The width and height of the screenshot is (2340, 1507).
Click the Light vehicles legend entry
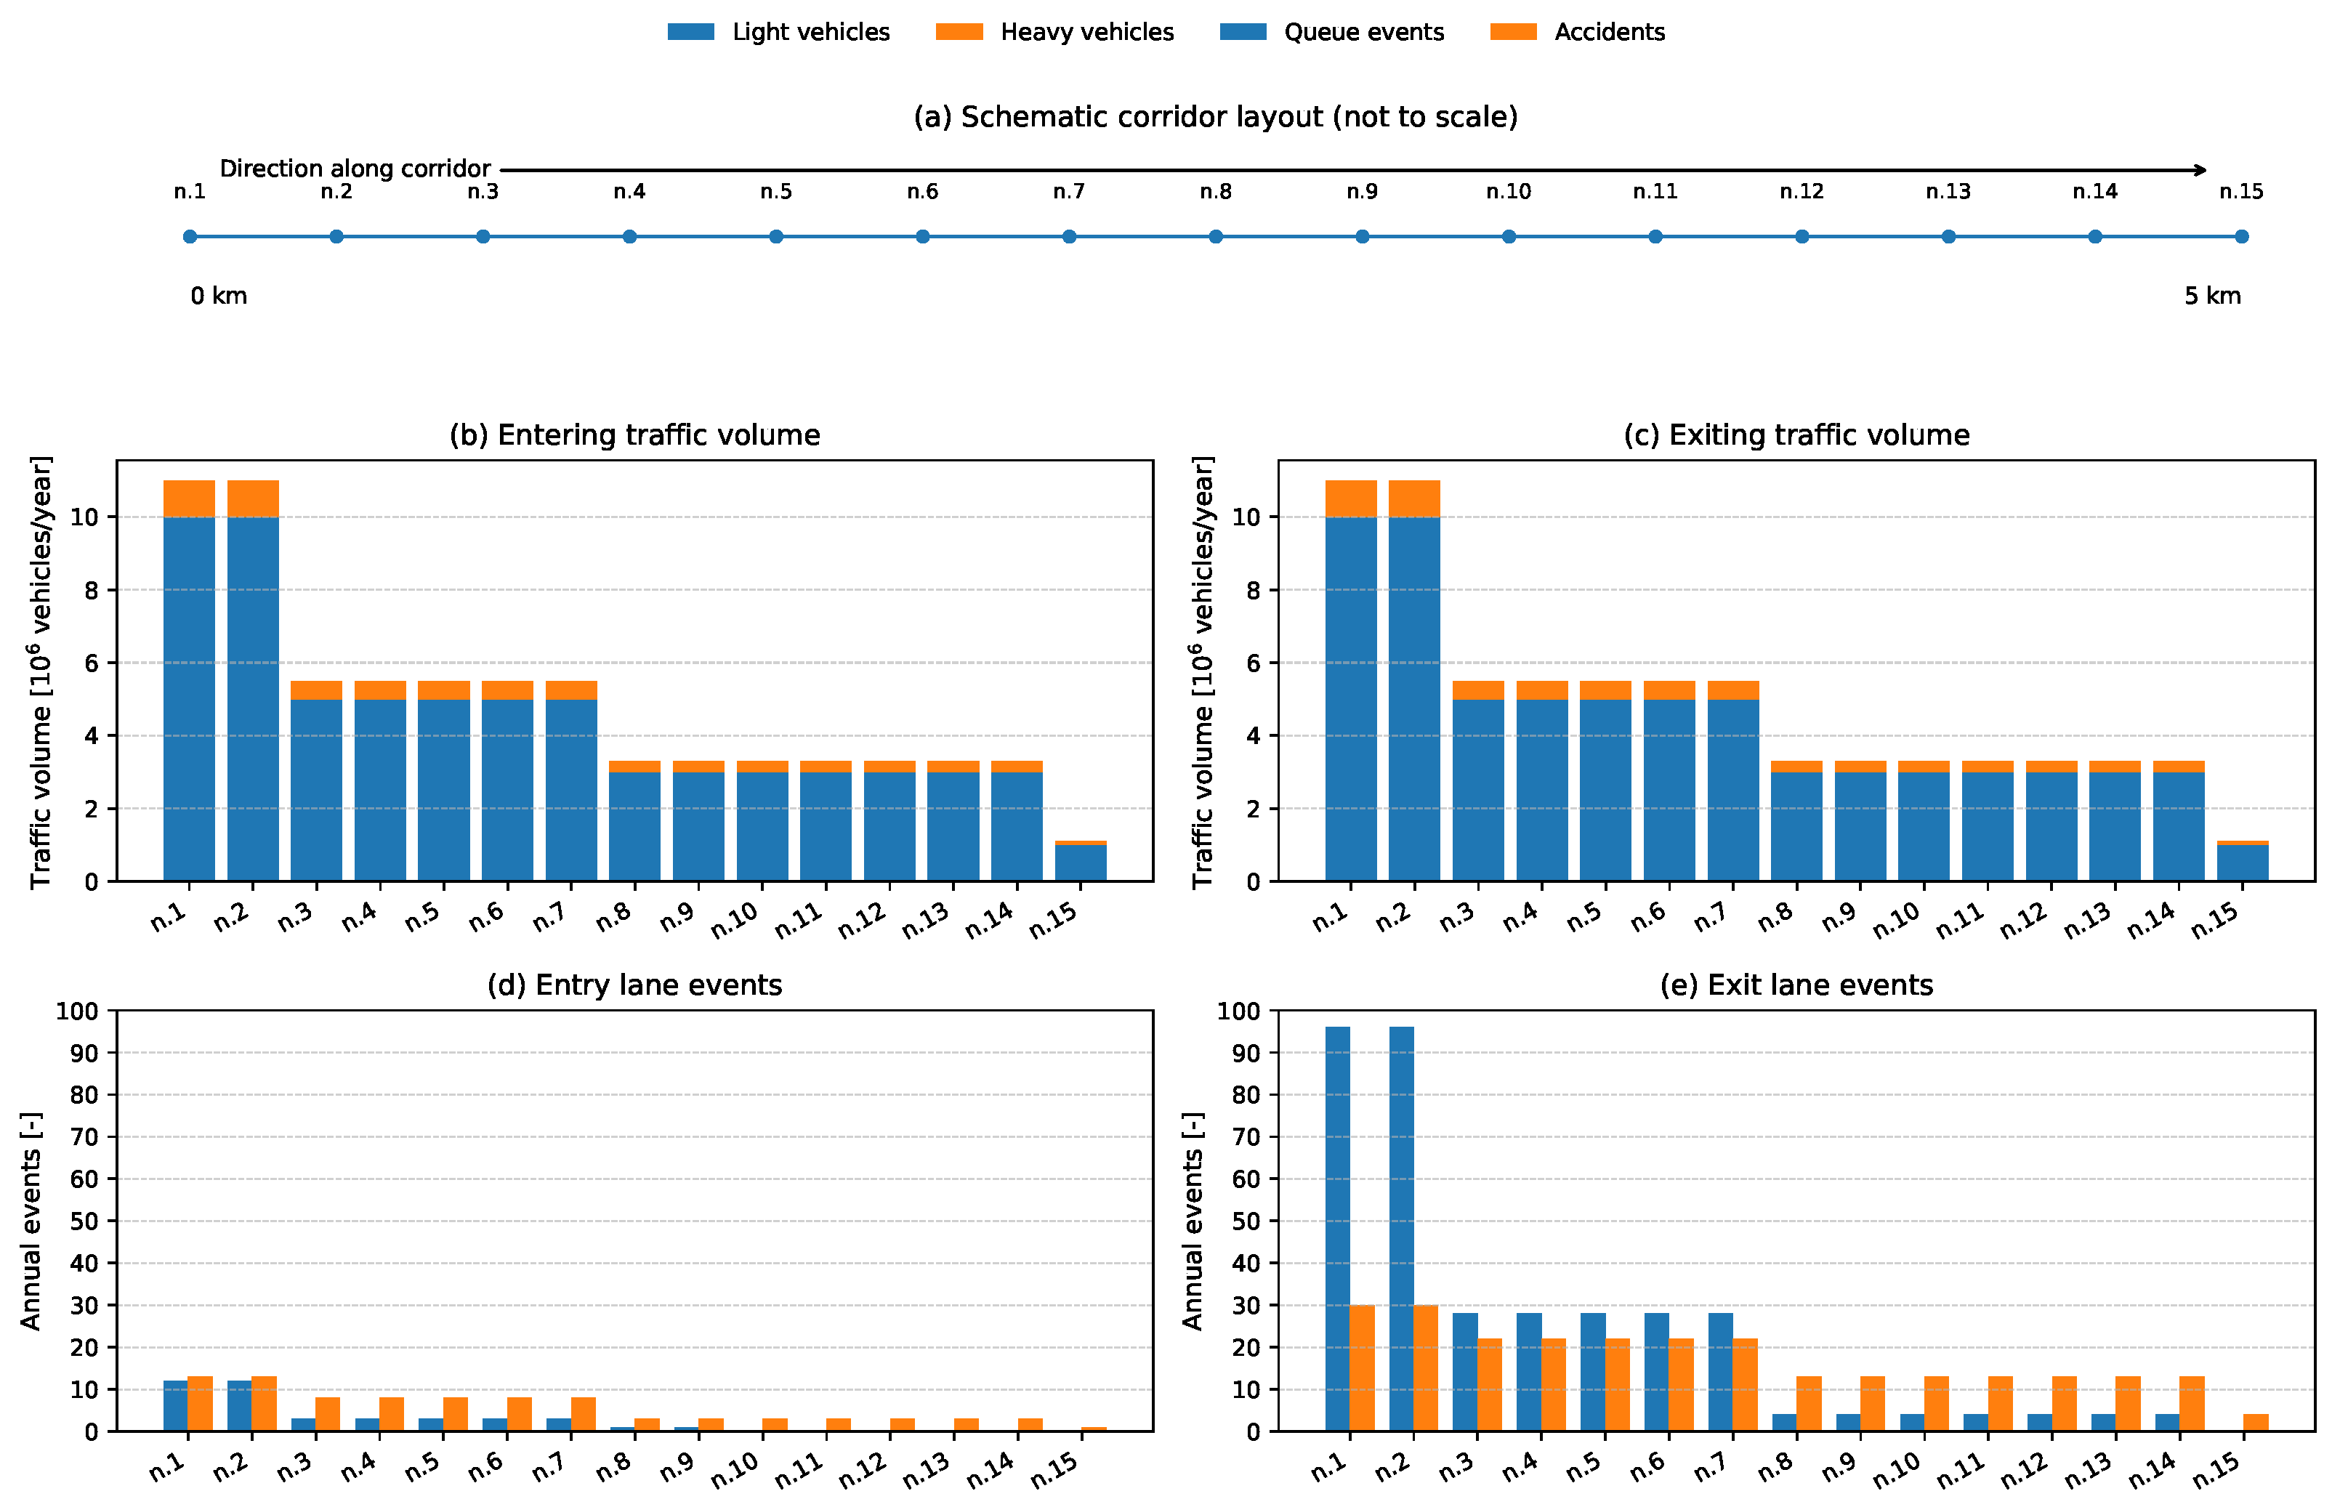point(778,32)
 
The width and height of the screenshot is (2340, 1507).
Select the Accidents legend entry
point(1577,32)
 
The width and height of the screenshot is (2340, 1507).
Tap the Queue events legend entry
point(1331,32)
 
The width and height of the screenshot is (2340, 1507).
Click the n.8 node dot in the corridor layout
point(1216,237)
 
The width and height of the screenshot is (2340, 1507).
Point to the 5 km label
point(2212,296)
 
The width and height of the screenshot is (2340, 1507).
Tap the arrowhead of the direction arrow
point(2201,170)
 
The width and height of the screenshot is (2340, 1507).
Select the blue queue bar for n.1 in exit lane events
point(1337,1229)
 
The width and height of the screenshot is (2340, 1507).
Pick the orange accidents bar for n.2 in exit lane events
point(1426,1368)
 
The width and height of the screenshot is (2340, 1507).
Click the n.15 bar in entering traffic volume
point(1081,861)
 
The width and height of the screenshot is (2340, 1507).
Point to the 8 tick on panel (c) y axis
point(1254,590)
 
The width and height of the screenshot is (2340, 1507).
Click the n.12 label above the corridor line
point(1802,192)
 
